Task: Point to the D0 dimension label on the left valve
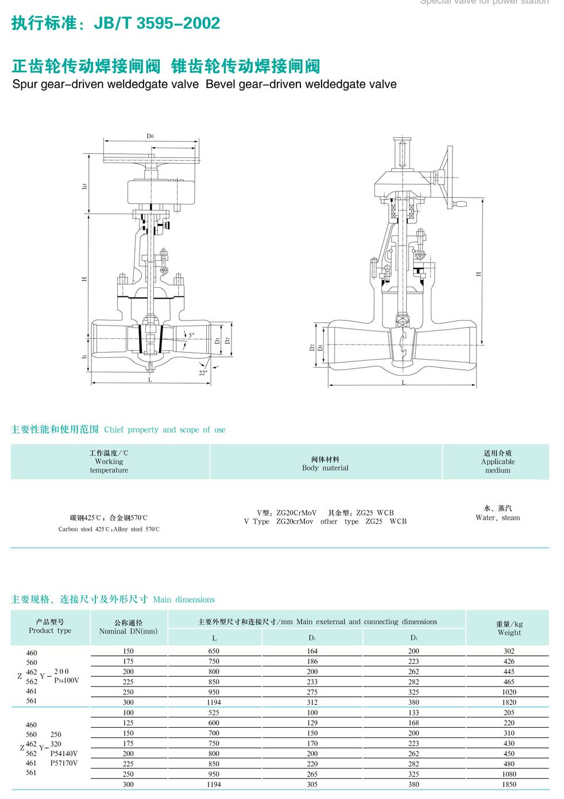pos(150,136)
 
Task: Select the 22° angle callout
pos(203,373)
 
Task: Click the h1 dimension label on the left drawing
pos(85,186)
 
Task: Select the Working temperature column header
pos(109,462)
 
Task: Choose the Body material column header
pos(325,464)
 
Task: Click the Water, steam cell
pos(497,513)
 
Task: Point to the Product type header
pos(50,626)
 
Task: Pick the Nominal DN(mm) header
pos(128,627)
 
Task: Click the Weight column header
pos(509,628)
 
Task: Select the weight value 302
pos(509,651)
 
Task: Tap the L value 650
pos(214,651)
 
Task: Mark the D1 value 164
pos(312,651)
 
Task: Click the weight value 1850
pos(509,784)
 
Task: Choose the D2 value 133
pos(414,713)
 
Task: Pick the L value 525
pos(214,713)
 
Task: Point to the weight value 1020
pos(509,692)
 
